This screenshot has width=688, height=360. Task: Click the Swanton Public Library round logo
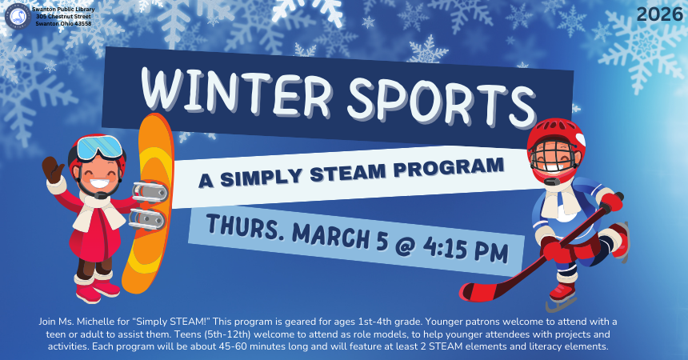pos(18,15)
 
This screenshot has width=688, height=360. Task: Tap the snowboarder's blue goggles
pos(101,148)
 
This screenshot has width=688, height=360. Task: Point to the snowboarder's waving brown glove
pos(53,169)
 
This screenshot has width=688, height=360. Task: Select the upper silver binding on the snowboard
pos(150,190)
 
